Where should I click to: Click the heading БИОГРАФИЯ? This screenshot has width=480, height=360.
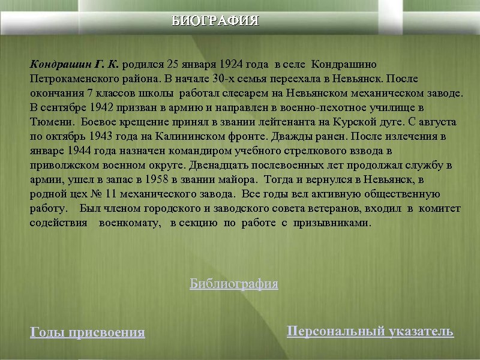pos(215,21)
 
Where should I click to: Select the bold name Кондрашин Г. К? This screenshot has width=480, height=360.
pos(75,64)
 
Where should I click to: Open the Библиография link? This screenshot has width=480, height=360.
pos(234,284)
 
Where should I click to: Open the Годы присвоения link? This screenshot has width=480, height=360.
pos(88,332)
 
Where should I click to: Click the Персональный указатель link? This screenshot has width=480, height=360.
pos(370,331)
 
